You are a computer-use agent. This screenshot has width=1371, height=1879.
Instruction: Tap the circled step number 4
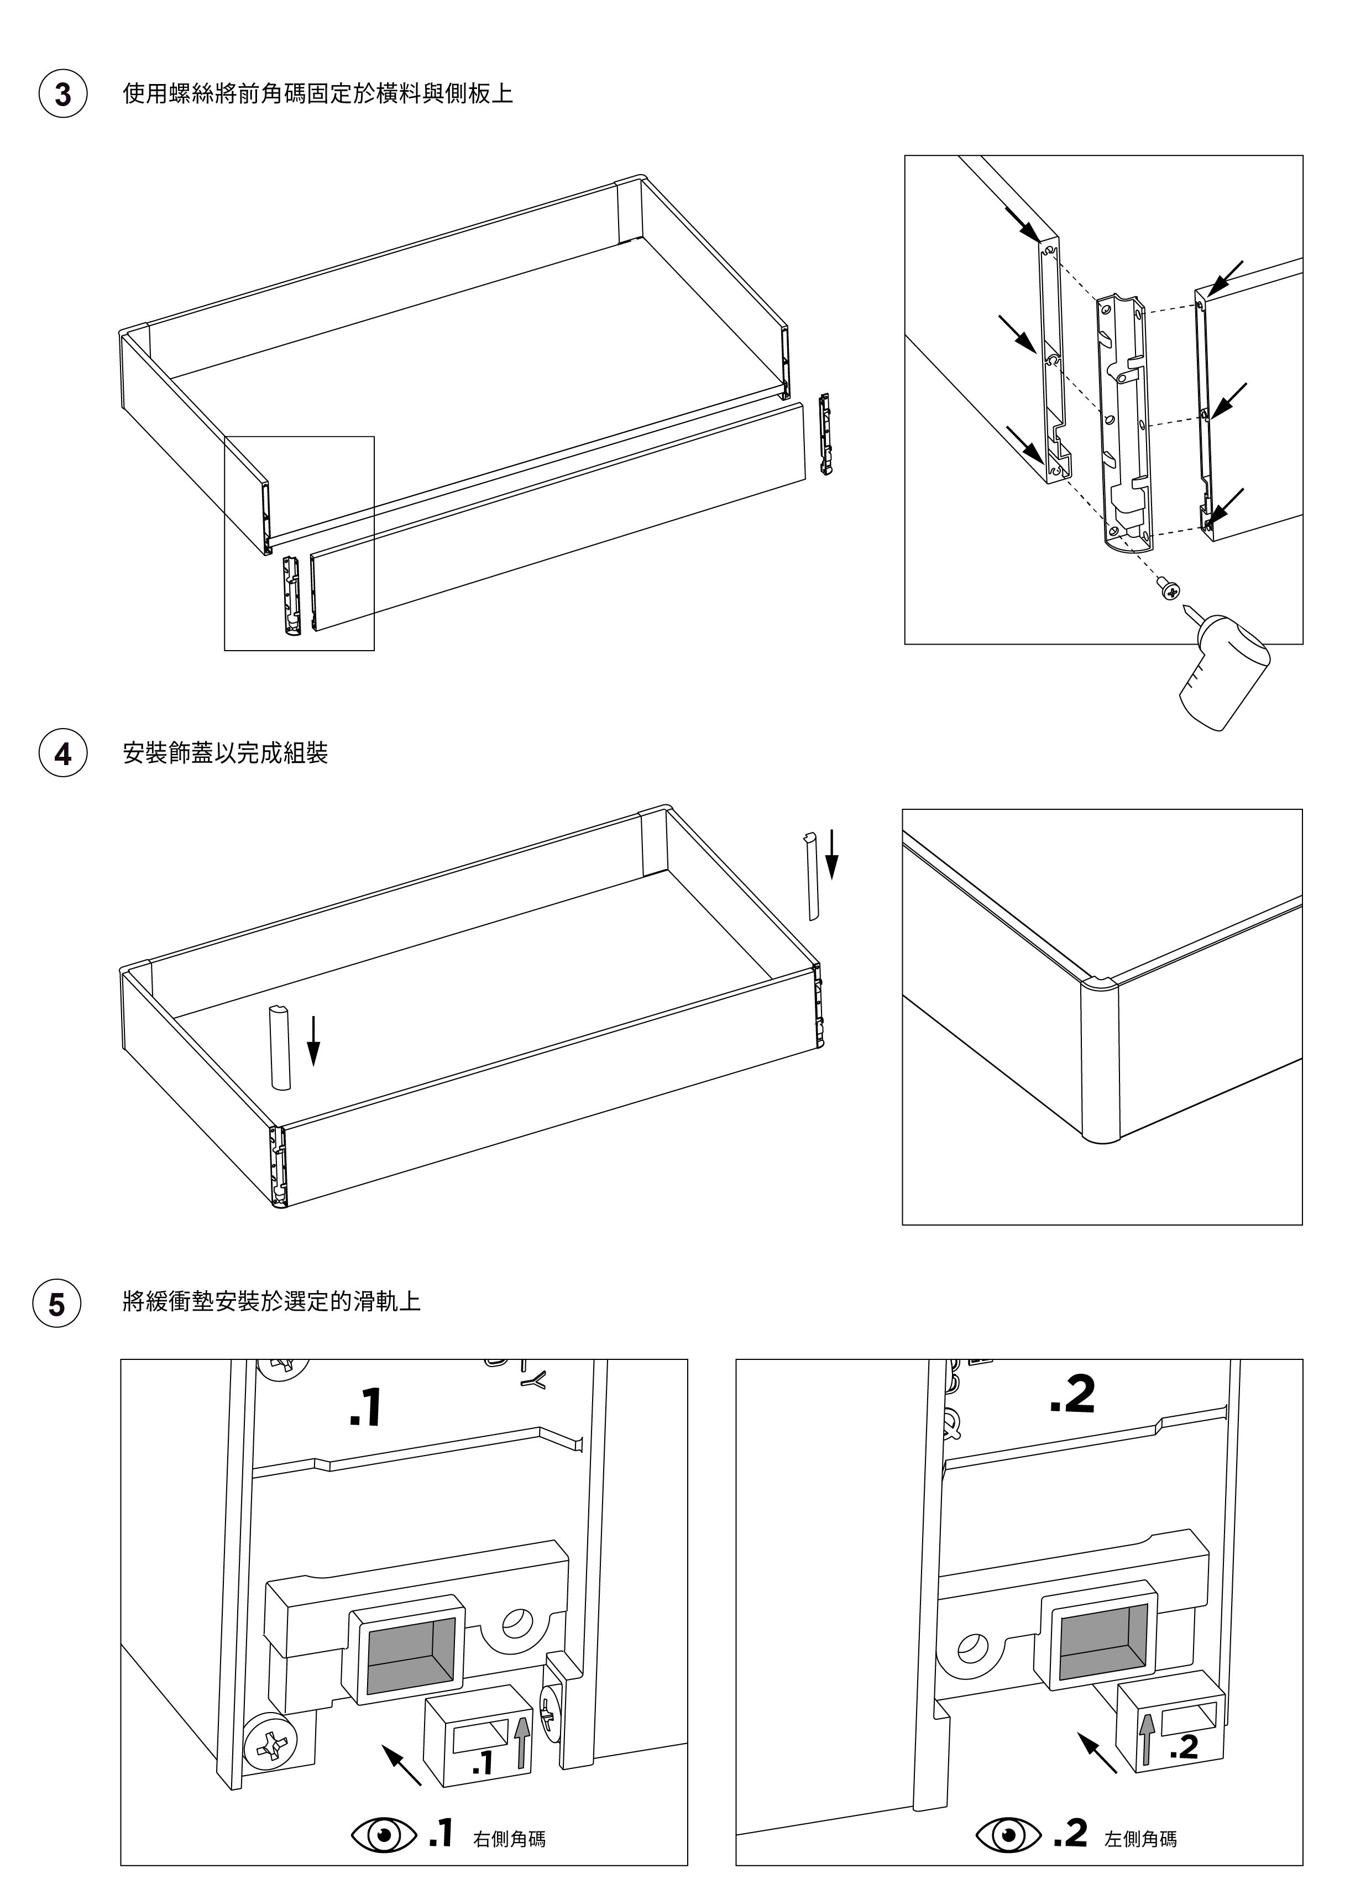pos(63,753)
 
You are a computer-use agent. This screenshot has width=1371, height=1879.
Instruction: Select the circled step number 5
pos(56,1304)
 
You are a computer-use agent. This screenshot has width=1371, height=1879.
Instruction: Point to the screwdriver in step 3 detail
pos(1228,669)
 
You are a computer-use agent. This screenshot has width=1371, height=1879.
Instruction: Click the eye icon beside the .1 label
pos(384,1810)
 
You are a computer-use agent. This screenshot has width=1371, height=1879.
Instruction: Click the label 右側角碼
pos(509,1815)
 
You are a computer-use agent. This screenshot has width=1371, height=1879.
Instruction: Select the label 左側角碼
pos(1140,1815)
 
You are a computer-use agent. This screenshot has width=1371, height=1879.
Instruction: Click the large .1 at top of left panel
pos(365,1409)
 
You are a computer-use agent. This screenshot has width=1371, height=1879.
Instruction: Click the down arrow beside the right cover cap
pos(833,855)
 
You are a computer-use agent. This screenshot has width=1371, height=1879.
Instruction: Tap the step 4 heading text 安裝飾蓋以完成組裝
pos(225,753)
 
